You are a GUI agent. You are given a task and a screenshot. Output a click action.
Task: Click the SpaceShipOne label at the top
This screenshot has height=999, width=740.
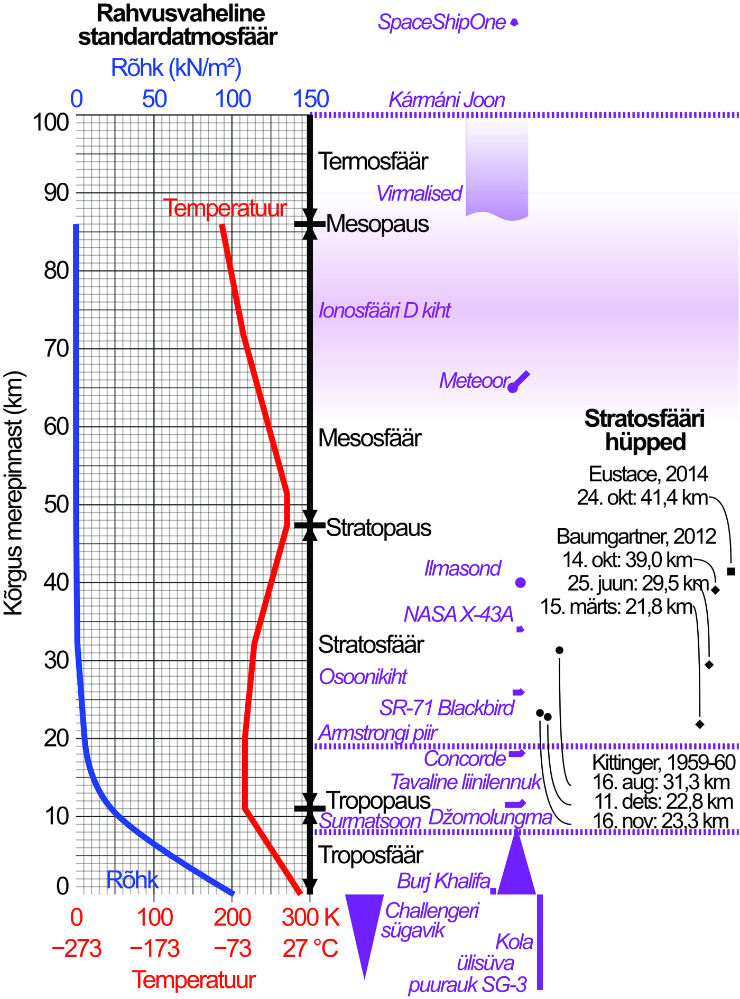tap(442, 22)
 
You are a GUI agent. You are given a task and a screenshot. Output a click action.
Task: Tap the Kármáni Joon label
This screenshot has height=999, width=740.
tap(447, 100)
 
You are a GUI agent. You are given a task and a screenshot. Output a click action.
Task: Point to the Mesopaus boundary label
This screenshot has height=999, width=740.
tap(377, 224)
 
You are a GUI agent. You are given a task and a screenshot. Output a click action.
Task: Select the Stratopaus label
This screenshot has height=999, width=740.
tap(378, 528)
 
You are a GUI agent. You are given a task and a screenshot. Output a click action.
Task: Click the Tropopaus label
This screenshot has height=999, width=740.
tap(378, 800)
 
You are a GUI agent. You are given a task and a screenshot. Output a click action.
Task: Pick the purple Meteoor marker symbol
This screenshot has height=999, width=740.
tap(517, 382)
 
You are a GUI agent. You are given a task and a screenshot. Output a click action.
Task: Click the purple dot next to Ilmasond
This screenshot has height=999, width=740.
tap(520, 583)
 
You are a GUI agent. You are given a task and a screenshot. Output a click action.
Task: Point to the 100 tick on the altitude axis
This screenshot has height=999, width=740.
tap(51, 123)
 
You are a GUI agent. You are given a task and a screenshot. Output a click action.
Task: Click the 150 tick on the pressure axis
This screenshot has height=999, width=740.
tap(311, 99)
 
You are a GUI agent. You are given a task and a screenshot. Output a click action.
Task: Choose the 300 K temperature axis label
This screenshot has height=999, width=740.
tap(310, 917)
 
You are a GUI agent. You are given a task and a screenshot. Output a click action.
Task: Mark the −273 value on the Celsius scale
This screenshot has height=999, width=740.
tap(77, 948)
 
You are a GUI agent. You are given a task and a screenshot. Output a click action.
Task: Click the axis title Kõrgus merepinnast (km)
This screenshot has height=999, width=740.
tap(14, 493)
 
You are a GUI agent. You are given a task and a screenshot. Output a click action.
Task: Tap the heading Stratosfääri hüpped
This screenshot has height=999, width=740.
tap(645, 430)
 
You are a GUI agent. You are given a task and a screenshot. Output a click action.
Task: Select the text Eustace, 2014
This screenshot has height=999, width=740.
tap(648, 474)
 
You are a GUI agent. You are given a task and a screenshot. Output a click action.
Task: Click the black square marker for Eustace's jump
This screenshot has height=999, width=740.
tap(731, 571)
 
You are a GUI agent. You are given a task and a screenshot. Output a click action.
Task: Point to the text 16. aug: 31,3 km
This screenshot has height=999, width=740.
tap(661, 782)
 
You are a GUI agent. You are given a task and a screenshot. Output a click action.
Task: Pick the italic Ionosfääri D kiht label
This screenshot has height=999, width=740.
tap(384, 311)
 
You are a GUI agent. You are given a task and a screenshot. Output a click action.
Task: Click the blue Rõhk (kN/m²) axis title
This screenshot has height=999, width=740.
tap(176, 68)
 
